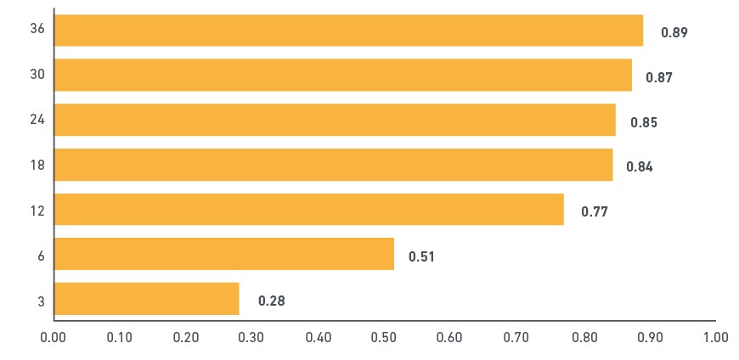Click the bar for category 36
point(349,31)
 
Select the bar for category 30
point(343,75)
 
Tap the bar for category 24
point(335,120)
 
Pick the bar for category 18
point(334,165)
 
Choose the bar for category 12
point(309,209)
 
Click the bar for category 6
point(224,254)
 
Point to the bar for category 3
point(147,299)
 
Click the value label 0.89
point(674,32)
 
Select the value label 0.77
point(595,211)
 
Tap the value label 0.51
point(421,256)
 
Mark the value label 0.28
point(272,301)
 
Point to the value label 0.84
point(640,166)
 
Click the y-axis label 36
point(37,29)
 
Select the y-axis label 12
point(37,211)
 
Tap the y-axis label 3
point(42,301)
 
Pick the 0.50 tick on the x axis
point(385,337)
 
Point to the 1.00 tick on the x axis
point(716,337)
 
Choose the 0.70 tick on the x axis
point(517,337)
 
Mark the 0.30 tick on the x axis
point(252,337)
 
